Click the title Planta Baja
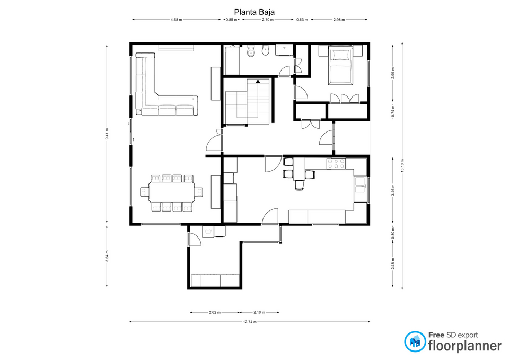click(254, 12)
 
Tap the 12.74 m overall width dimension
click(250, 322)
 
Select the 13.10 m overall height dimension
click(402, 165)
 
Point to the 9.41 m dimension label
click(107, 134)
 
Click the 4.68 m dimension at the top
click(176, 20)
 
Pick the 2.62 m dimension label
click(215, 312)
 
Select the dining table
click(172, 192)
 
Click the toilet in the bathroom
click(251, 51)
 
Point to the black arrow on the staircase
click(258, 82)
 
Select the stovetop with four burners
click(336, 163)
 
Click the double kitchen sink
click(361, 185)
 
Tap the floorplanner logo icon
click(415, 341)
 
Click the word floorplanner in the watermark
click(465, 346)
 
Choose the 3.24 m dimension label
click(107, 256)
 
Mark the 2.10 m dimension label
click(259, 312)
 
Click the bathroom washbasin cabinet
click(284, 50)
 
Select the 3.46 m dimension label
click(393, 190)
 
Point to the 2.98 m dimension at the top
click(339, 20)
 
